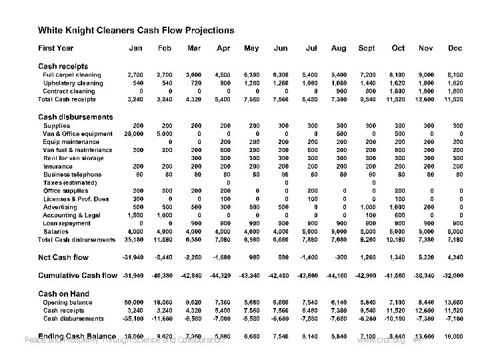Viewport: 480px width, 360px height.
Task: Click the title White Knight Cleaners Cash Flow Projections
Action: [x=135, y=30]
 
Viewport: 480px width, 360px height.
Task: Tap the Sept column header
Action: [x=366, y=48]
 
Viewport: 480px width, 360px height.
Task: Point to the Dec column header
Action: [x=455, y=48]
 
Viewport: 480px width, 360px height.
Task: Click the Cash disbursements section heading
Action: [x=75, y=117]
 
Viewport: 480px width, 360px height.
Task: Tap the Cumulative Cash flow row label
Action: [x=77, y=275]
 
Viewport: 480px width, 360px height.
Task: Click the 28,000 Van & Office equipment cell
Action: [x=138, y=133]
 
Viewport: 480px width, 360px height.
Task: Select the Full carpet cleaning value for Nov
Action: [x=425, y=75]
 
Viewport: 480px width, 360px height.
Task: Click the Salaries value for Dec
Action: [x=456, y=231]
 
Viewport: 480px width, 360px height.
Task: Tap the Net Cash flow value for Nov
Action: [x=425, y=257]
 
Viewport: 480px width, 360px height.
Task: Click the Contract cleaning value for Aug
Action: [x=341, y=91]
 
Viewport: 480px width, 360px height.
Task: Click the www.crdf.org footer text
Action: [x=381, y=340]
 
